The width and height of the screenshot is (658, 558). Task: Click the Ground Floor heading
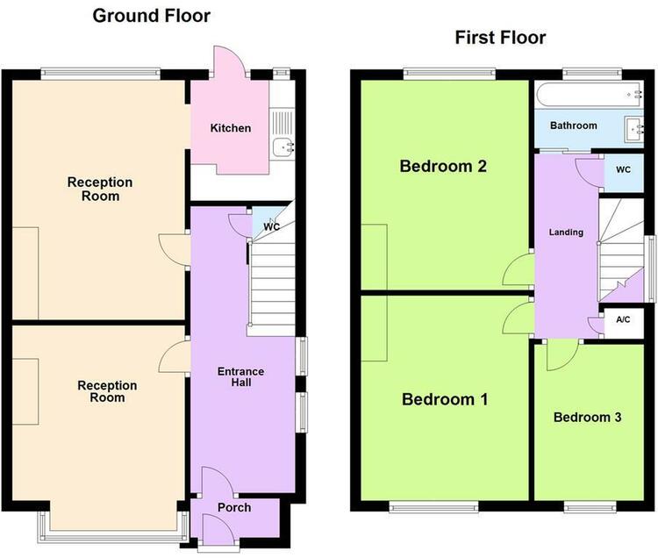152,16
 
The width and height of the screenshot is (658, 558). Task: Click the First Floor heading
500,38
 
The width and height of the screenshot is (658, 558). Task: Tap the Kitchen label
231,128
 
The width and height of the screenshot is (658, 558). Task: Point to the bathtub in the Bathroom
590,95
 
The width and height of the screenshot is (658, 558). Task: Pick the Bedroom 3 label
587,417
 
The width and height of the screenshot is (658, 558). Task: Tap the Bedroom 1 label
445,399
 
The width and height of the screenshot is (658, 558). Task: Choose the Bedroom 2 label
443,166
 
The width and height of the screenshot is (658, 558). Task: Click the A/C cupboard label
623,319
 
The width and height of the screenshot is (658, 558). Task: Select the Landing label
566,232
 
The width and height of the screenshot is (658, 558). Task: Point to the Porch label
234,507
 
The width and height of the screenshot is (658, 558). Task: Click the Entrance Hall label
241,376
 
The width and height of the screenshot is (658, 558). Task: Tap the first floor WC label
623,170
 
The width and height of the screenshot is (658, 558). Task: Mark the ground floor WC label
271,227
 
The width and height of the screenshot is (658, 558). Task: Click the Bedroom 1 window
433,507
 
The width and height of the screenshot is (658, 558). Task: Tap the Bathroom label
573,125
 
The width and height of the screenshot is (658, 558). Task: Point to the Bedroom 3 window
590,507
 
